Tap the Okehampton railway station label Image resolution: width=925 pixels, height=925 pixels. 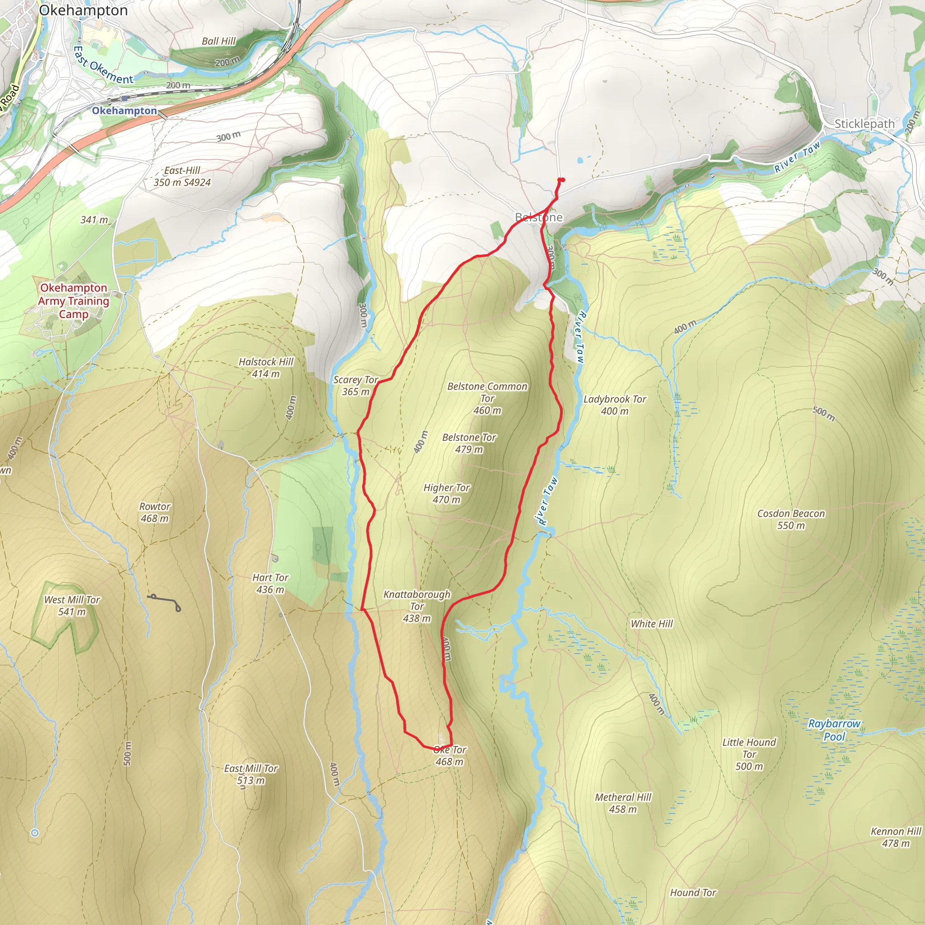(x=125, y=111)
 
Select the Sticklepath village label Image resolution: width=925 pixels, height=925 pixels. (x=864, y=123)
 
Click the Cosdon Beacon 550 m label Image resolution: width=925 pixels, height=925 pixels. (x=791, y=519)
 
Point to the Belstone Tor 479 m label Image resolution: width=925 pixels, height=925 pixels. (x=469, y=444)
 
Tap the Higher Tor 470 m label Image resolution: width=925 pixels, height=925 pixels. (x=446, y=494)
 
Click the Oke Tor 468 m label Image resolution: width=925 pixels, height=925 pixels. (x=449, y=756)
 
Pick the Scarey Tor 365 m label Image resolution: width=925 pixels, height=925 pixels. (x=355, y=385)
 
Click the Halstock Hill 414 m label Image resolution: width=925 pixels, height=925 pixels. (x=266, y=368)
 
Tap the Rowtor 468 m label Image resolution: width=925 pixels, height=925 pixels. (x=154, y=512)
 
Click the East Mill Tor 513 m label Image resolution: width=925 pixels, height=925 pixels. (x=251, y=774)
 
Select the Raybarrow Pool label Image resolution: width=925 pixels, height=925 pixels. (x=834, y=730)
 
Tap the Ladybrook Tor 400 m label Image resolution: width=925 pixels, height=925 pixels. (x=614, y=405)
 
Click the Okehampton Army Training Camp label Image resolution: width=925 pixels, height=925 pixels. (x=74, y=301)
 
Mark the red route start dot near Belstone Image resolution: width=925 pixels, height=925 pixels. (x=561, y=180)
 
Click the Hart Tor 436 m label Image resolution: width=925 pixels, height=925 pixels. (x=270, y=584)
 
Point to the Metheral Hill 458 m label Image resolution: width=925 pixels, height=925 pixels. (x=622, y=803)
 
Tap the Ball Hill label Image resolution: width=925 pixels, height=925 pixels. (x=219, y=41)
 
